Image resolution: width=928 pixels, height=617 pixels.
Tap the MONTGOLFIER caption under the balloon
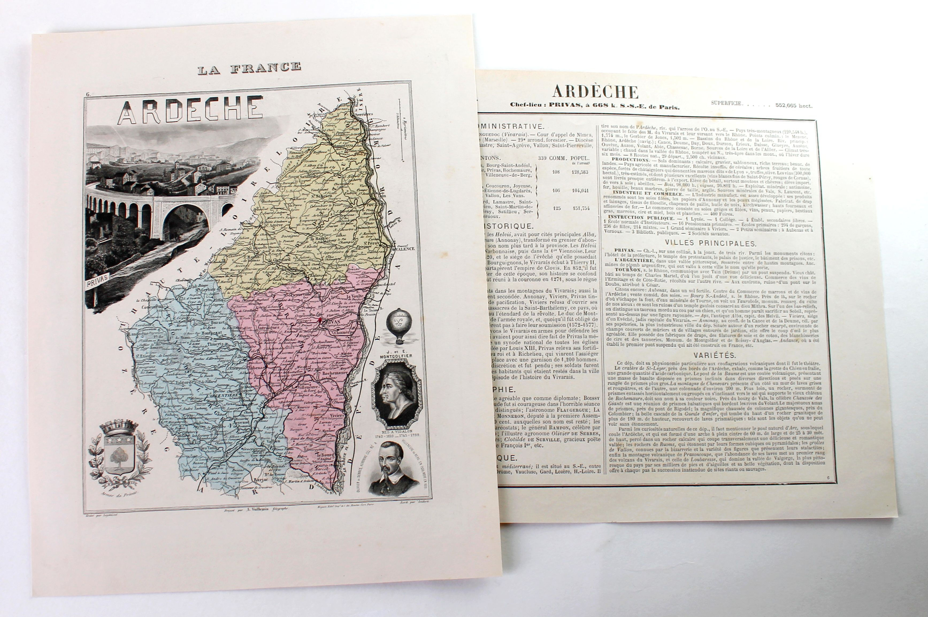click(x=395, y=356)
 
